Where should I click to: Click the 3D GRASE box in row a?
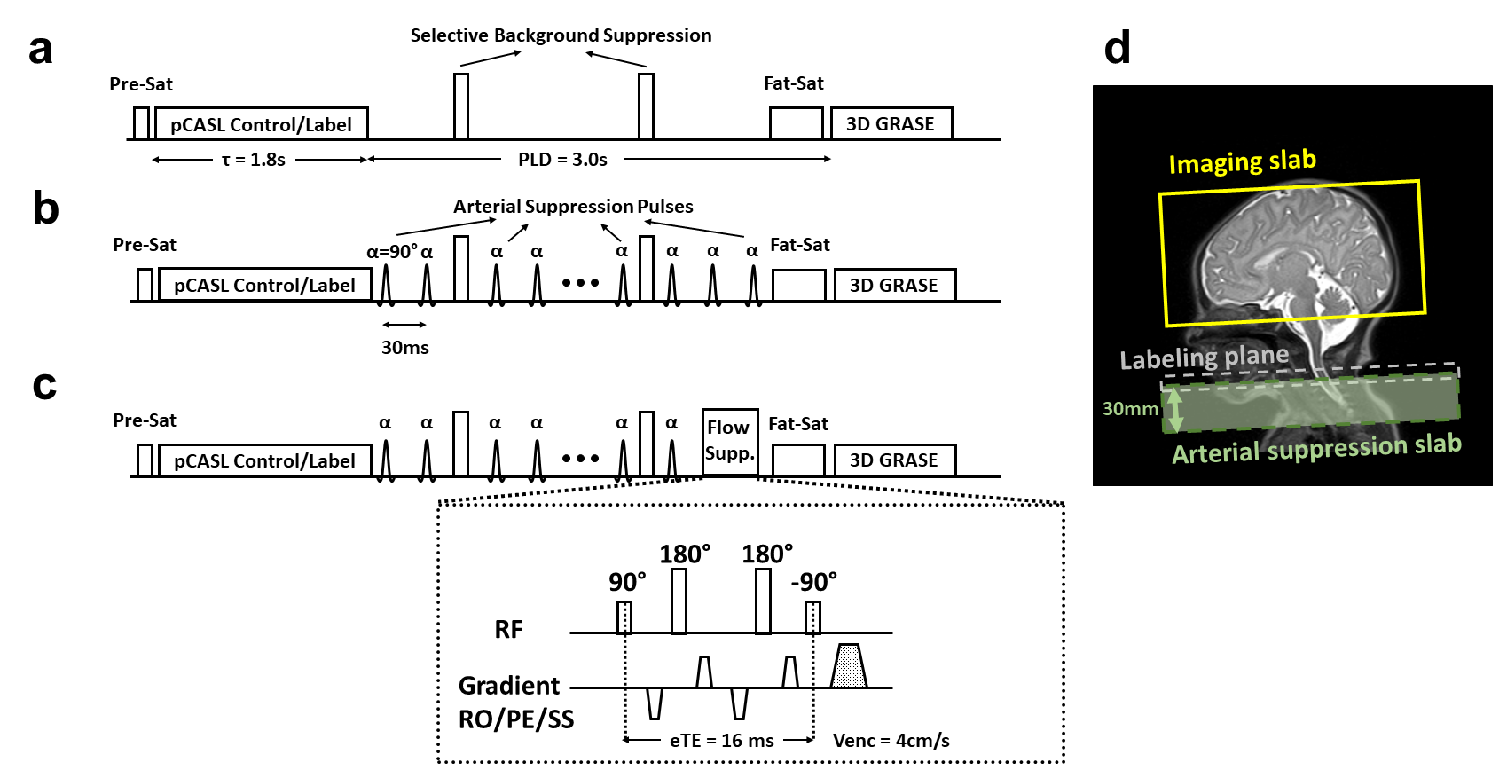(x=891, y=124)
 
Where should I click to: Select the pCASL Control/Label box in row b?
(x=264, y=286)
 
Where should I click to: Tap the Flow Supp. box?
(x=729, y=441)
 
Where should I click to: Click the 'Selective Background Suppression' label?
(x=561, y=35)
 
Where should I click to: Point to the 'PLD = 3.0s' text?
(x=562, y=160)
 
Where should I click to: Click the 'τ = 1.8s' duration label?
(x=254, y=160)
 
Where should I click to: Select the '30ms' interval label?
(x=405, y=348)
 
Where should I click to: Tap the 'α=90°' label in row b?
(x=391, y=252)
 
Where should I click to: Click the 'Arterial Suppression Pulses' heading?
(x=573, y=207)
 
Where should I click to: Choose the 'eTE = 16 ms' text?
(x=721, y=741)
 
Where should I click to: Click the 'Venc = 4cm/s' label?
(x=891, y=741)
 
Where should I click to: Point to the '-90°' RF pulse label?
(x=813, y=583)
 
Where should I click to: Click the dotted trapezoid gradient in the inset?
(x=848, y=666)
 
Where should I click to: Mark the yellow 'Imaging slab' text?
(x=1242, y=162)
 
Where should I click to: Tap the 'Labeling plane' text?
(x=1204, y=358)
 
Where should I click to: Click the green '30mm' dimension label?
(x=1130, y=409)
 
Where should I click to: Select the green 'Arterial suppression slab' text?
(x=1316, y=449)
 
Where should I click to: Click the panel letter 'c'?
(x=44, y=385)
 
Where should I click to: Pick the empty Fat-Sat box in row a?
(x=796, y=124)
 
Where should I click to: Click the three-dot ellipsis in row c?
(x=580, y=459)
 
